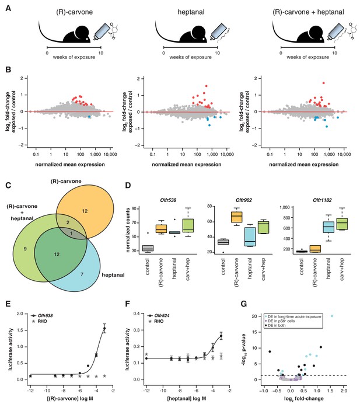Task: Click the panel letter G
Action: click(x=244, y=304)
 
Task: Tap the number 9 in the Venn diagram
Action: click(x=25, y=249)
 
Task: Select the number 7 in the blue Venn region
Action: click(x=82, y=274)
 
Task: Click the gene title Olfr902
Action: click(x=244, y=200)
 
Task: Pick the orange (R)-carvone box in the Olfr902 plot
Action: click(x=237, y=217)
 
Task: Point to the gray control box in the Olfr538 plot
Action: click(x=148, y=248)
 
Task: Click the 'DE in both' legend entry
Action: click(x=275, y=325)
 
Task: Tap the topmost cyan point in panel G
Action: click(x=332, y=316)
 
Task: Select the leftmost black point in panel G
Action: click(x=270, y=351)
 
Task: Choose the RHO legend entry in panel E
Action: click(x=39, y=321)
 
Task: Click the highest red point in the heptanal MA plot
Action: click(x=207, y=86)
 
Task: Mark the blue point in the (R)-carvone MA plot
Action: click(x=89, y=117)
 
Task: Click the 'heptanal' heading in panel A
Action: click(x=191, y=12)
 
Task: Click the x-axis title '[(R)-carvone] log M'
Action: click(x=70, y=398)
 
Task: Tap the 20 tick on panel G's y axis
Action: click(x=254, y=316)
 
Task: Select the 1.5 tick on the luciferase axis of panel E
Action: click(x=20, y=330)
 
